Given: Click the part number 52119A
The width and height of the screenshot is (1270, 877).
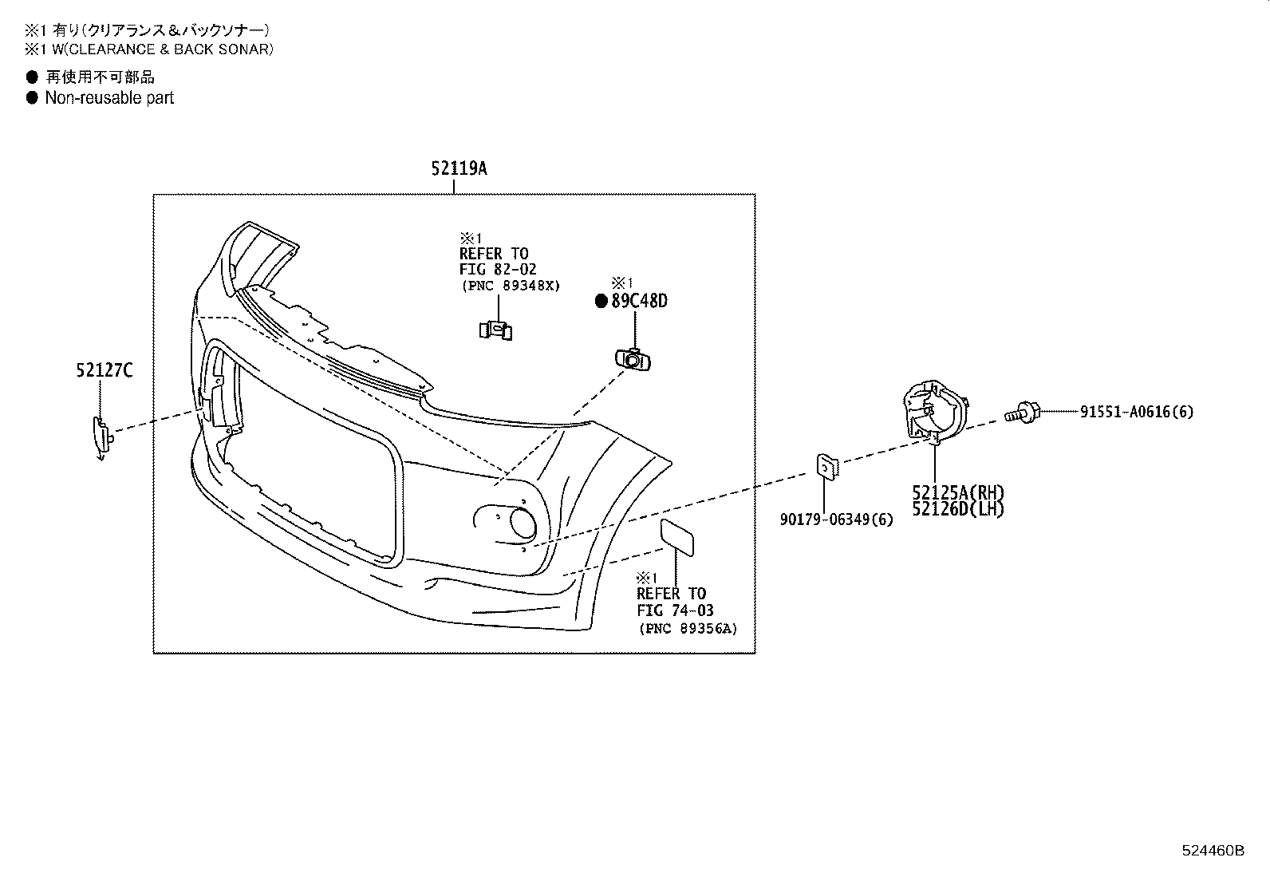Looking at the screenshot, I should point(459,168).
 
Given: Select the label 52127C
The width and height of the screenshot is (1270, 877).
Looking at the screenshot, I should point(105,369).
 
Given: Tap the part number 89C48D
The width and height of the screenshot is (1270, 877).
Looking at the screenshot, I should point(639,301).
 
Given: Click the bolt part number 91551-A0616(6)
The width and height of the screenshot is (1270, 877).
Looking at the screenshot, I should point(1137,412).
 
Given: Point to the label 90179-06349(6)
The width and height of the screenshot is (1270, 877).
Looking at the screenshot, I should point(836,519).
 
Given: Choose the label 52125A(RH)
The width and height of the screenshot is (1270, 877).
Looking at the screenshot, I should point(958,492).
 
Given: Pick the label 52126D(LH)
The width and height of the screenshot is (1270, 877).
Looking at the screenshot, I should point(958,508).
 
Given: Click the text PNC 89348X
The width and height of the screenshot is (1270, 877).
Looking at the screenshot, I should point(511,285).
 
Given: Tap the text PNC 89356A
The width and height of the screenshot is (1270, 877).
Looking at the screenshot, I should point(688,629).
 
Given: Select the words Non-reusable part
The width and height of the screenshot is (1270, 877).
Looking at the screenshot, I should point(109,98).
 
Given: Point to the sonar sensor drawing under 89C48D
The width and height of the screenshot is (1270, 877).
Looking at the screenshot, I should point(633,360).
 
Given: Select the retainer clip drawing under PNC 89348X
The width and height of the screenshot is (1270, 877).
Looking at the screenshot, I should point(495,329).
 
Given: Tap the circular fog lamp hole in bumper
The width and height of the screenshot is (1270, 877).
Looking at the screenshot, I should point(523,523).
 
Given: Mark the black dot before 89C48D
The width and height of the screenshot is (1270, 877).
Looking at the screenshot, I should point(602,301).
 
